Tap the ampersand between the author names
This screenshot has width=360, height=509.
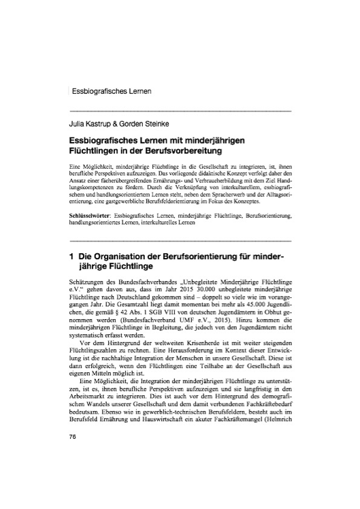click(x=122, y=124)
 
